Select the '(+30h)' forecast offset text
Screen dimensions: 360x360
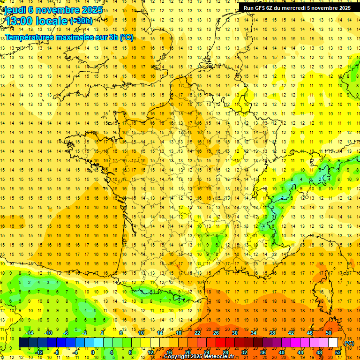pos(81,21)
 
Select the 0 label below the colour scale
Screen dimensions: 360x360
pos(93,352)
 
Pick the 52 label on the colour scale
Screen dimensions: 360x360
pos(338,352)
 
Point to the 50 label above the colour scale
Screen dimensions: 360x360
pos(329,332)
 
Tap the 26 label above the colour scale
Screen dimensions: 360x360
pos(216,332)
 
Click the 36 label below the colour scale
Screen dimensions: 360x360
pos(263,352)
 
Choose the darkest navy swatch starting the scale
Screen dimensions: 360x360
pos(23,343)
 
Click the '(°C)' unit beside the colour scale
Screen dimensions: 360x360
pos(349,343)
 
